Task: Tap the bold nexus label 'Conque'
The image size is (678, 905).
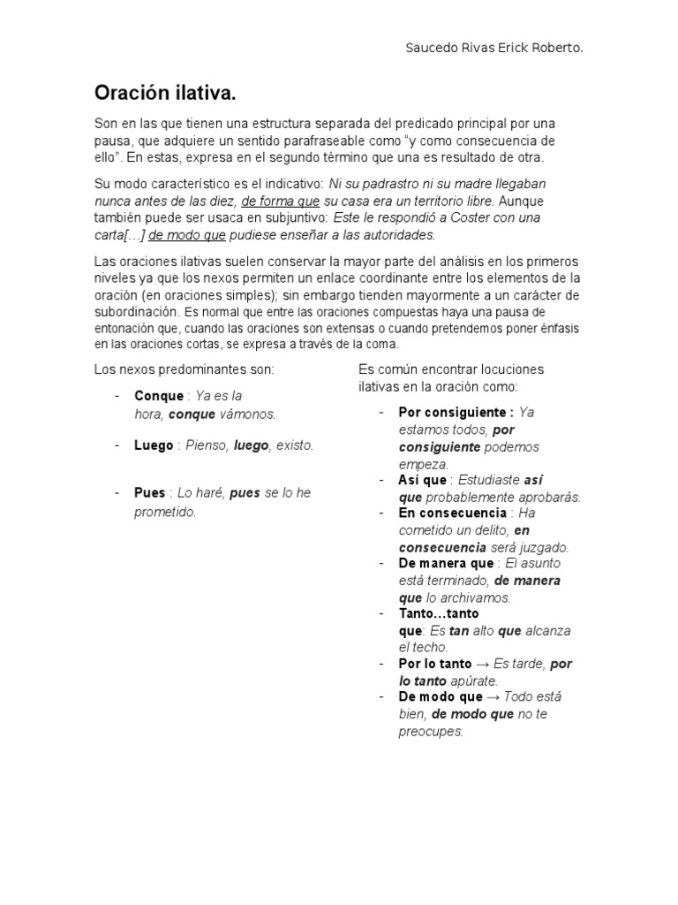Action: point(159,396)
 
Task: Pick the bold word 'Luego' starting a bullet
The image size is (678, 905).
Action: point(154,445)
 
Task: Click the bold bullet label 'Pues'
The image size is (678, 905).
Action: point(150,493)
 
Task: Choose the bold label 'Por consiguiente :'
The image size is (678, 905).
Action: point(456,413)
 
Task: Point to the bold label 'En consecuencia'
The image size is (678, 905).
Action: point(453,513)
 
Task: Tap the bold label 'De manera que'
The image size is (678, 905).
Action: point(446,563)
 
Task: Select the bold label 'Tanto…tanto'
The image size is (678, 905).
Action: point(439,613)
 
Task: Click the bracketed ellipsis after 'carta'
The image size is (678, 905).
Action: point(132,234)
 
